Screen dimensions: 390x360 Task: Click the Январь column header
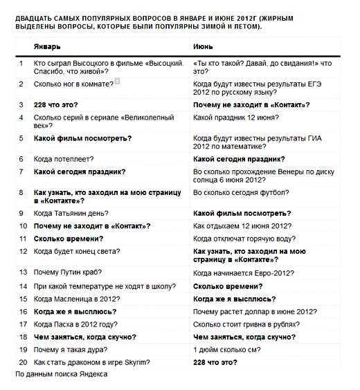pos(47,46)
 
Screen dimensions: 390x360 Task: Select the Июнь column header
pos(202,46)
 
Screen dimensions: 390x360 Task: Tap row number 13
pos(22,272)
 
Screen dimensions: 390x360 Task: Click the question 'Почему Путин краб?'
pos(63,272)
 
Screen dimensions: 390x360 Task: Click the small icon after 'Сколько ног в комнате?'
pos(118,82)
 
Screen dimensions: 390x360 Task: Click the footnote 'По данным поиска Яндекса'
pos(61,373)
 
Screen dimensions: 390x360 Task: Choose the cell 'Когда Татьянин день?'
pos(71,213)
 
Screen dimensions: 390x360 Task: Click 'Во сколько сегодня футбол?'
pos(241,192)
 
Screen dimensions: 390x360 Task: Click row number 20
pos(22,362)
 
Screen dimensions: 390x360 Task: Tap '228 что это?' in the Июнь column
pos(215,362)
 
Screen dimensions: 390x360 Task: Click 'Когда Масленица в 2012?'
pos(76,299)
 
